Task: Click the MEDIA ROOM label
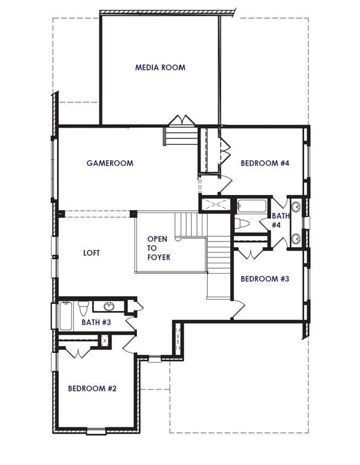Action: (160, 67)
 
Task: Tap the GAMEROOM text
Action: (110, 163)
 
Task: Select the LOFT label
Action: (91, 253)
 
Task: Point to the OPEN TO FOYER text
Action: (158, 248)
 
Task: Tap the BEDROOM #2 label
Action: (92, 388)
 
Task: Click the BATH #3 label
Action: (96, 322)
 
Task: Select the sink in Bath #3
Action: (110, 306)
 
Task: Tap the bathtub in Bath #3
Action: (65, 315)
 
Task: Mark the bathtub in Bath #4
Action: (252, 206)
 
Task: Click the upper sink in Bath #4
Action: (296, 207)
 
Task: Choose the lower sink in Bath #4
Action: (296, 238)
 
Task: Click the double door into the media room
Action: (181, 120)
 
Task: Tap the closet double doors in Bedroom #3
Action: (249, 251)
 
